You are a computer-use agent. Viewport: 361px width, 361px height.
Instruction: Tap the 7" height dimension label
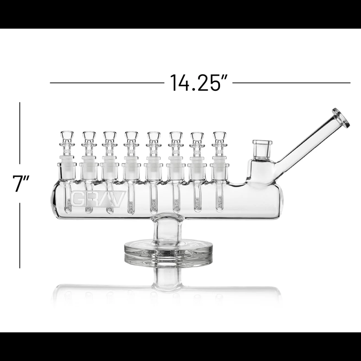pos(20,183)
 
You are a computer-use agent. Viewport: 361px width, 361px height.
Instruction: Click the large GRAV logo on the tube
pos(97,197)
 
